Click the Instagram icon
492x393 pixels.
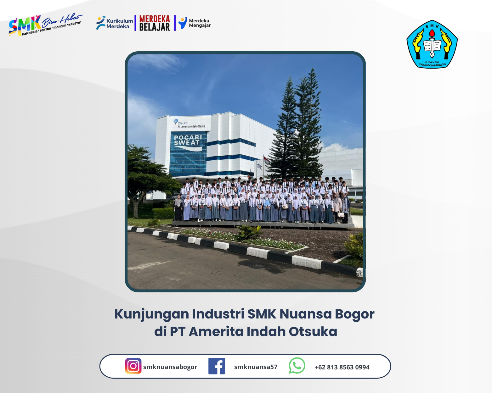point(133,366)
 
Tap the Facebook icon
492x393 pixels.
point(217,366)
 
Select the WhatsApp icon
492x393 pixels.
point(297,366)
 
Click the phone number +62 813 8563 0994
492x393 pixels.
point(342,367)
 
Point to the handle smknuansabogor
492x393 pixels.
point(170,367)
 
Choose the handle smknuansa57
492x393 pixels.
point(256,367)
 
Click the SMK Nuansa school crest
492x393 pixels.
point(432,44)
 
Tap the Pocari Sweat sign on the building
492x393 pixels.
point(188,140)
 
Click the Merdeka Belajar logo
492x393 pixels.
point(154,23)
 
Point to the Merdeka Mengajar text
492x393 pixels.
point(200,23)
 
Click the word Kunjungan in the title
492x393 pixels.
point(151,314)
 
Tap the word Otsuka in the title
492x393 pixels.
point(313,332)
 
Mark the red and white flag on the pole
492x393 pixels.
point(266,159)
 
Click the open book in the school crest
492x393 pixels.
point(432,46)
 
